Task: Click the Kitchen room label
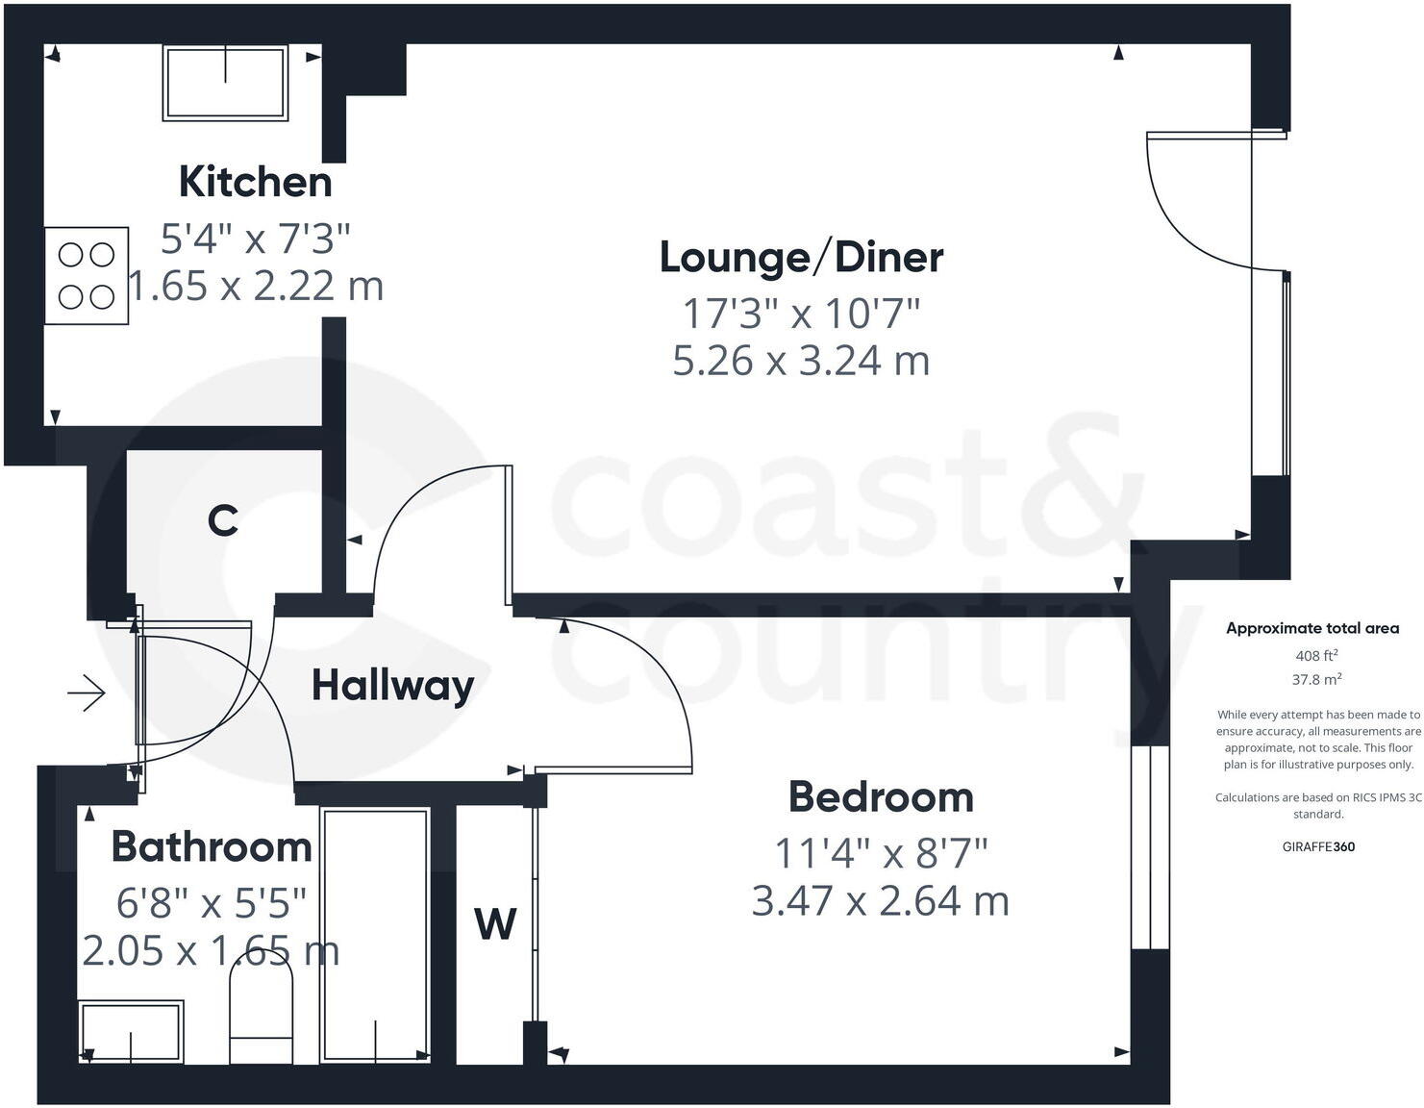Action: point(255,182)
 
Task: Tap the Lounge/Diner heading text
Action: point(801,258)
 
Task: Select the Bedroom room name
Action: point(881,797)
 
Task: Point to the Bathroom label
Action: point(212,846)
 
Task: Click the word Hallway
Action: point(392,686)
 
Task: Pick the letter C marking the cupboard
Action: point(223,521)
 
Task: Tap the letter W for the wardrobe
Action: point(495,924)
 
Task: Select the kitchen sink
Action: point(226,83)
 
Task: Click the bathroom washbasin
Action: point(131,1033)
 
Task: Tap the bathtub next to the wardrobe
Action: point(375,935)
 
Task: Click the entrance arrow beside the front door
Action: point(87,692)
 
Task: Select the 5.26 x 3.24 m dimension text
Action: point(801,362)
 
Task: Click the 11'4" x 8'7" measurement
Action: point(881,852)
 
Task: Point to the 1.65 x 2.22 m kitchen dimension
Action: point(257,286)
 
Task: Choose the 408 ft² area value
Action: point(1317,656)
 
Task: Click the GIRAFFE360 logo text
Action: point(1318,846)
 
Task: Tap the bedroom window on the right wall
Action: point(1150,846)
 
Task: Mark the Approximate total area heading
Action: point(1312,628)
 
